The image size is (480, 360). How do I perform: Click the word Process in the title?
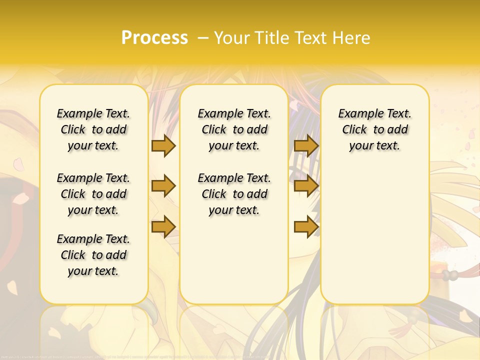154,37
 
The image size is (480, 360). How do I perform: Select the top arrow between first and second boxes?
163,145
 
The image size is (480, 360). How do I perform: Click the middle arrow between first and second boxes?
163,186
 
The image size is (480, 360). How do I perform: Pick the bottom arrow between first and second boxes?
163,226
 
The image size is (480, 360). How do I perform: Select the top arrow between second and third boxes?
306,145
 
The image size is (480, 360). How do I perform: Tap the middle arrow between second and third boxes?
306,186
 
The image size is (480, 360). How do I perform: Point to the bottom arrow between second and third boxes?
306,226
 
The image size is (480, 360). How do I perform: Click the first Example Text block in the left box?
93,129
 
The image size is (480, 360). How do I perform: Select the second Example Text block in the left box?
93,194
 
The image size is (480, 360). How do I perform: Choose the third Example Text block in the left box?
93,255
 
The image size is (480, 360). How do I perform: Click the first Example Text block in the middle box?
234,129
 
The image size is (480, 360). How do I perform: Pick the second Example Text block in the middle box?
234,194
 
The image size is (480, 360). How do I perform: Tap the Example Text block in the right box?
375,129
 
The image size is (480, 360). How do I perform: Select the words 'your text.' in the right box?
374,146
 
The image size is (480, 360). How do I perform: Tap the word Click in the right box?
354,130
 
